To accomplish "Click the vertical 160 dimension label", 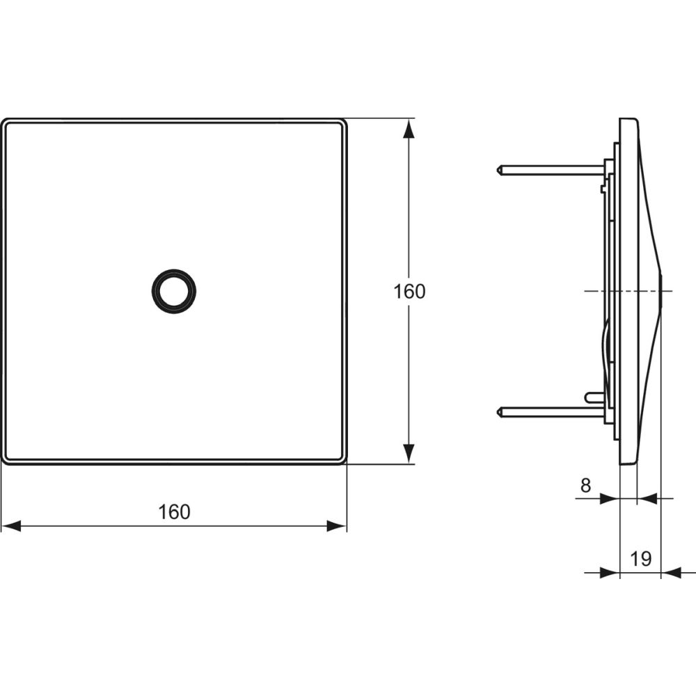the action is (x=409, y=292).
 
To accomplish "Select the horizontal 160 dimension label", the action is (x=174, y=512).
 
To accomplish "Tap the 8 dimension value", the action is (x=585, y=486).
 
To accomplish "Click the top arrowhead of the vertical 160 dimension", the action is (x=409, y=129).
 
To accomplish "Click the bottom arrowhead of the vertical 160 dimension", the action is (x=409, y=454).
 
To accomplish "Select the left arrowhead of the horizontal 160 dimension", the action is (x=11, y=526).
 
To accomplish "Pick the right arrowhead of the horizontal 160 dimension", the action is (x=337, y=526).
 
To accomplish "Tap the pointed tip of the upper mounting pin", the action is (x=496, y=170).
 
